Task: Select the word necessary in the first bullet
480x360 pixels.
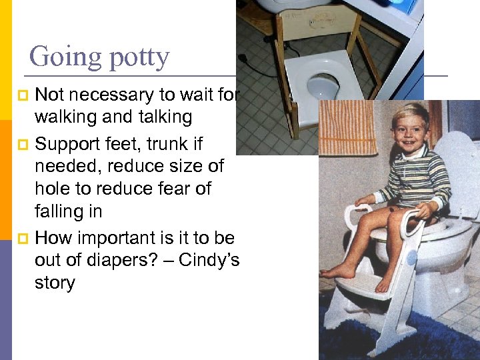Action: pos(111,95)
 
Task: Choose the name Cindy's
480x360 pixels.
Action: pos(208,260)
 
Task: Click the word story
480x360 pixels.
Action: pos(55,283)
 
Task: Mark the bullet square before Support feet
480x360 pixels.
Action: pos(25,145)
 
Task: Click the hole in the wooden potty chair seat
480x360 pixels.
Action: pos(324,85)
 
